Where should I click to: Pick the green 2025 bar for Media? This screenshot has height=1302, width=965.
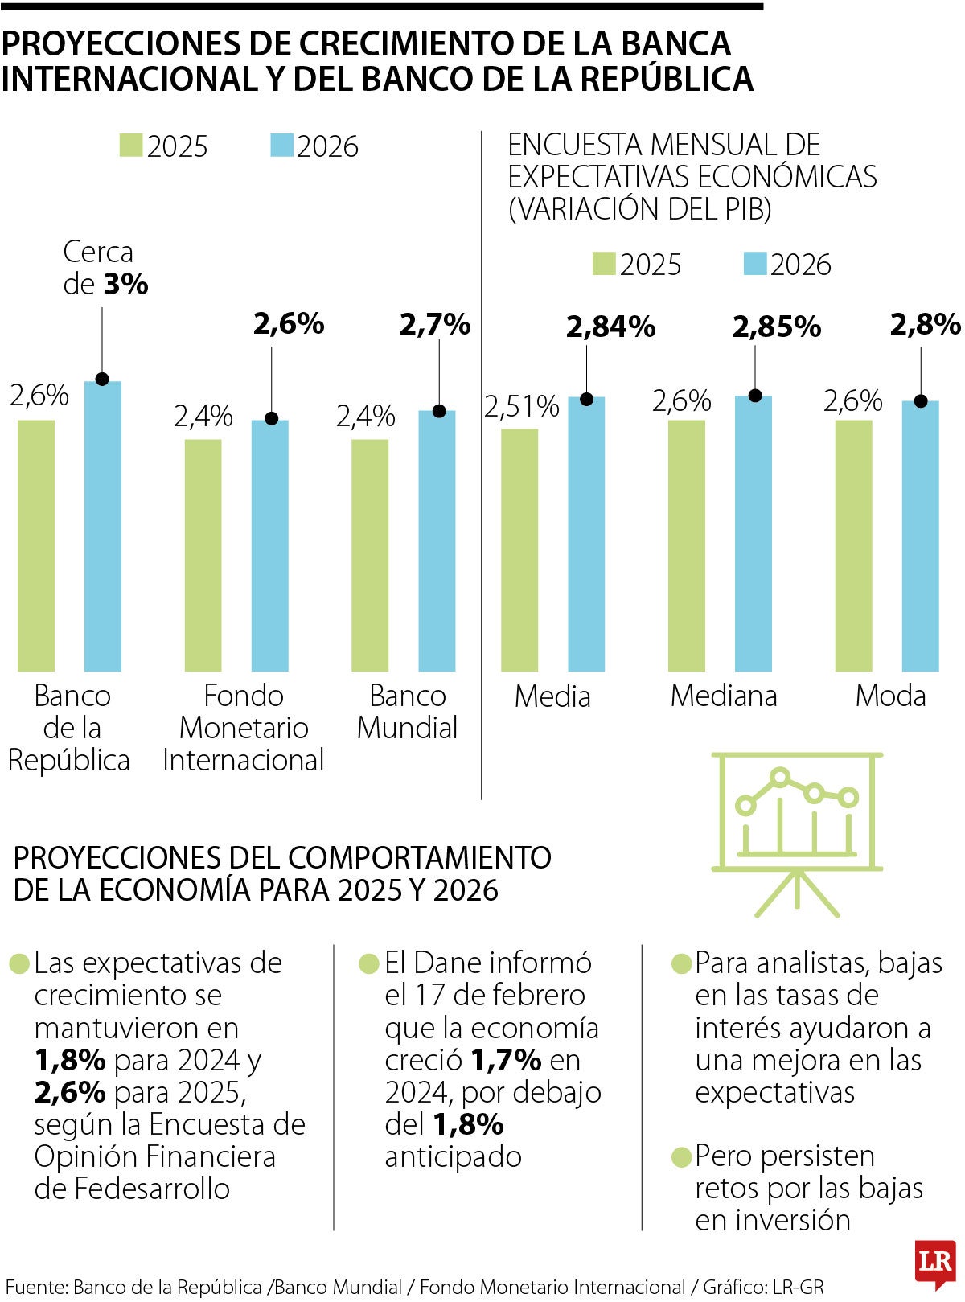click(519, 550)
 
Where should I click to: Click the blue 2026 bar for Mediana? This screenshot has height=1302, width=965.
click(754, 534)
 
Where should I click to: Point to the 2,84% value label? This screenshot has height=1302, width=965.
click(611, 327)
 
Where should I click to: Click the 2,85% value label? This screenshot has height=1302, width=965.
click(777, 327)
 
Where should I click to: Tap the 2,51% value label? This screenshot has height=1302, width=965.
click(521, 407)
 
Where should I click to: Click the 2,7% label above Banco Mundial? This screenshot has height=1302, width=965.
click(435, 324)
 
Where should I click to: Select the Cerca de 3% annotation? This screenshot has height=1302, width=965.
click(105, 269)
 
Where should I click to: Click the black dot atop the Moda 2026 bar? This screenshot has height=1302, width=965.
click(922, 401)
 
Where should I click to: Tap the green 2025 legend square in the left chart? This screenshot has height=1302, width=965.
click(131, 146)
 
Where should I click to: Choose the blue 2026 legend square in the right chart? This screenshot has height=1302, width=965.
click(755, 264)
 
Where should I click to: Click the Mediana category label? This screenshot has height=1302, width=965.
click(724, 696)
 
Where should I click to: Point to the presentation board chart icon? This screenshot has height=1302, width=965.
click(796, 832)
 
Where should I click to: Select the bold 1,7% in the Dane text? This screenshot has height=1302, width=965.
click(506, 1060)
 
